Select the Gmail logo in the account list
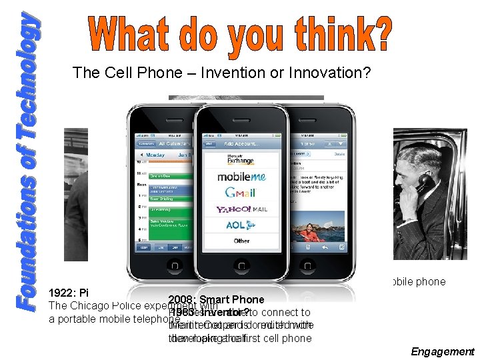click(239, 193)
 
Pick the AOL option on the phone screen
click(239, 225)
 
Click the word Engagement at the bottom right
click(443, 351)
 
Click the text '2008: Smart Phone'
click(217, 300)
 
